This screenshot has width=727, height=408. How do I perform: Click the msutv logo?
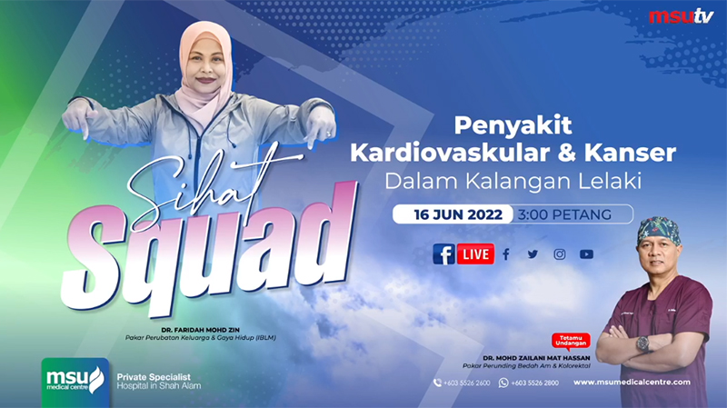tap(681, 16)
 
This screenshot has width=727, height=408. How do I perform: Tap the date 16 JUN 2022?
tap(458, 214)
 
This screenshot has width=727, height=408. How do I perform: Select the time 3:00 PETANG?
tap(564, 214)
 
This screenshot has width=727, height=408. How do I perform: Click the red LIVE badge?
tap(475, 254)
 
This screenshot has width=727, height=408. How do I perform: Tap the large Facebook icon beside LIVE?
tap(443, 254)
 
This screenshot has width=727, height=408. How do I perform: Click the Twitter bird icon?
tap(533, 254)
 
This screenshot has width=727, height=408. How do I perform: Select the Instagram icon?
tap(560, 254)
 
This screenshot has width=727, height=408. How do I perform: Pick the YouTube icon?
tap(586, 254)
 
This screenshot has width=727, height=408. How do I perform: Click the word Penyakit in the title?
tap(513, 126)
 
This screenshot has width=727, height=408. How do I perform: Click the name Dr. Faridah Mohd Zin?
tap(200, 330)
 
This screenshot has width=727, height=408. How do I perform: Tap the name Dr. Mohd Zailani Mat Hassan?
tap(536, 358)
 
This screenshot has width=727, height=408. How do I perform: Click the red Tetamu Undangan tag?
tap(571, 341)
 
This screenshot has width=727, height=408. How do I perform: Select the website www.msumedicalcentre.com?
tap(632, 383)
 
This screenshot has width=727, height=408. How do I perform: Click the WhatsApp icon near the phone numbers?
tap(503, 383)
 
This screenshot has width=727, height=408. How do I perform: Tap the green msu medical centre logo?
tap(75, 383)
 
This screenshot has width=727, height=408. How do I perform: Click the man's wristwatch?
tap(642, 343)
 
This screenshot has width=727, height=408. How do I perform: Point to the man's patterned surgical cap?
tap(658, 230)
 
